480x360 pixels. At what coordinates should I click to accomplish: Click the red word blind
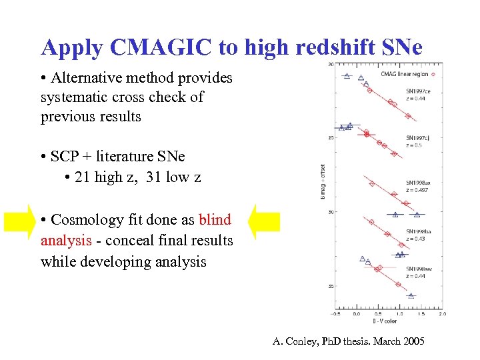point(215,219)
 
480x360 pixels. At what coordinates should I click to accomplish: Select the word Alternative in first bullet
point(87,78)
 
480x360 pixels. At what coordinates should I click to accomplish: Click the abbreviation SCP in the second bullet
point(66,157)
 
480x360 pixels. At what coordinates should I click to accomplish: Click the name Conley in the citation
point(303,341)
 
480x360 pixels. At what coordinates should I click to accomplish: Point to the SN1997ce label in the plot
point(417,91)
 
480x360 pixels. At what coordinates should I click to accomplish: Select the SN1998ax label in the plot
point(417,183)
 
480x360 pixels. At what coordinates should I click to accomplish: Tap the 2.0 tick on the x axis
point(442,313)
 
